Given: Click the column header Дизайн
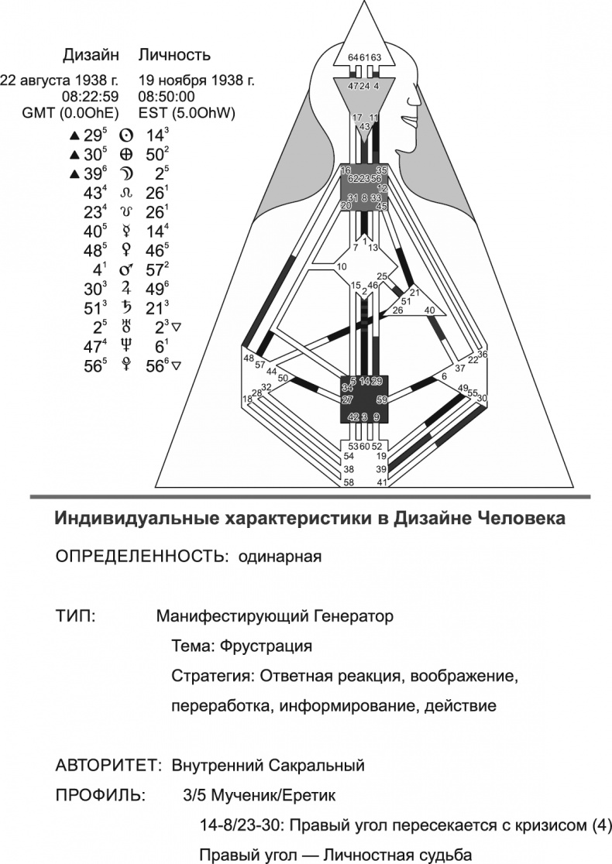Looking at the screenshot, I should tap(91, 56).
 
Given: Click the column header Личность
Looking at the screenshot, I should tap(174, 56).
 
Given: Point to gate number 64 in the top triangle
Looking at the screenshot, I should tap(353, 57).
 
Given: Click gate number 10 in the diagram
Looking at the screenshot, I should tap(341, 267).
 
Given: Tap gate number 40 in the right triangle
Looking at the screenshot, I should tap(430, 310).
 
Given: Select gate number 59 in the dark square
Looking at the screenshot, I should tap(380, 400).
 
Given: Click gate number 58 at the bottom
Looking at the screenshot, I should tap(349, 482).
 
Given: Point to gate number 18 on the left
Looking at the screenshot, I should tap(248, 399).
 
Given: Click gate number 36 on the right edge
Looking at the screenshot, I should tap(482, 354).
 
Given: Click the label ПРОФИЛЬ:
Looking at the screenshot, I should tap(98, 795).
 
